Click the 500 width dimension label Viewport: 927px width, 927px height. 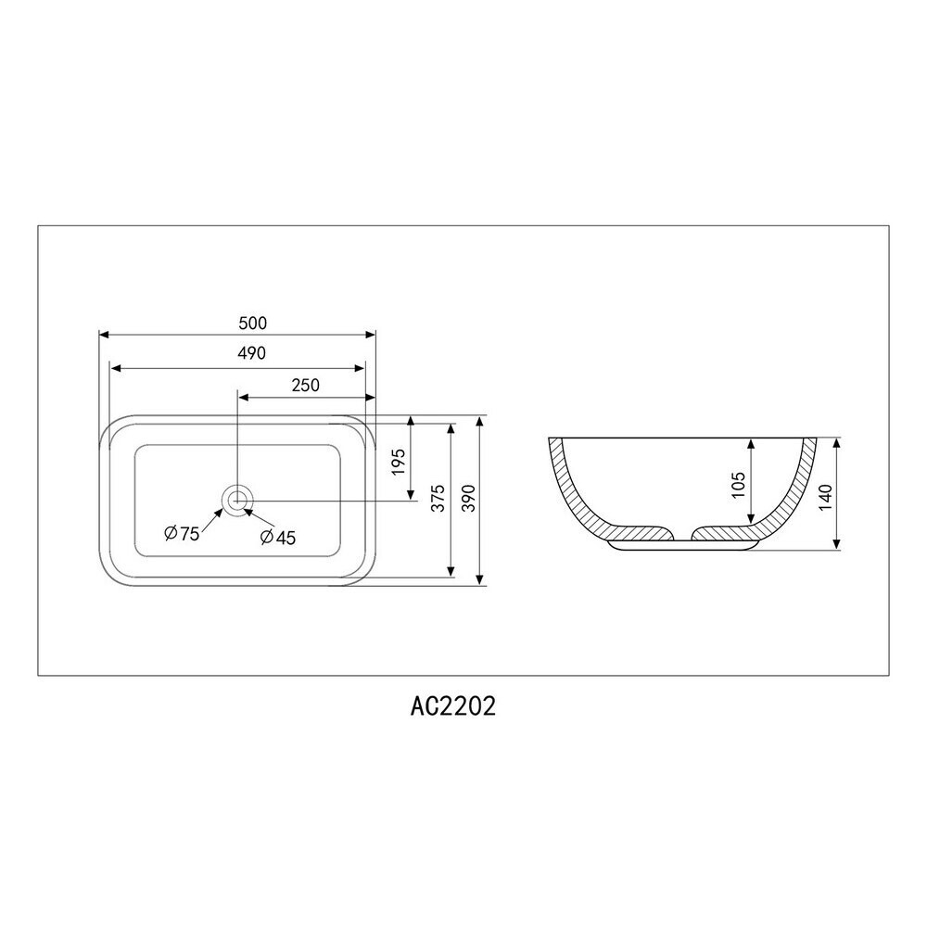point(252,323)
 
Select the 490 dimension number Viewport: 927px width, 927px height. point(252,353)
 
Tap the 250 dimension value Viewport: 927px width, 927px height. point(306,385)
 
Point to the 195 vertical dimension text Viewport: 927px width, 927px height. point(399,462)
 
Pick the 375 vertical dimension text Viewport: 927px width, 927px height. point(438,498)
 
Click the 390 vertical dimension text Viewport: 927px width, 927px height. point(467,498)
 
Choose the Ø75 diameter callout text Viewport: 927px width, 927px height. point(182,533)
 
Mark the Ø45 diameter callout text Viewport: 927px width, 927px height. point(278,538)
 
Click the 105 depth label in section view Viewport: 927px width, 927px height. point(739,485)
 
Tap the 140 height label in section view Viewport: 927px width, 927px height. point(827,497)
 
